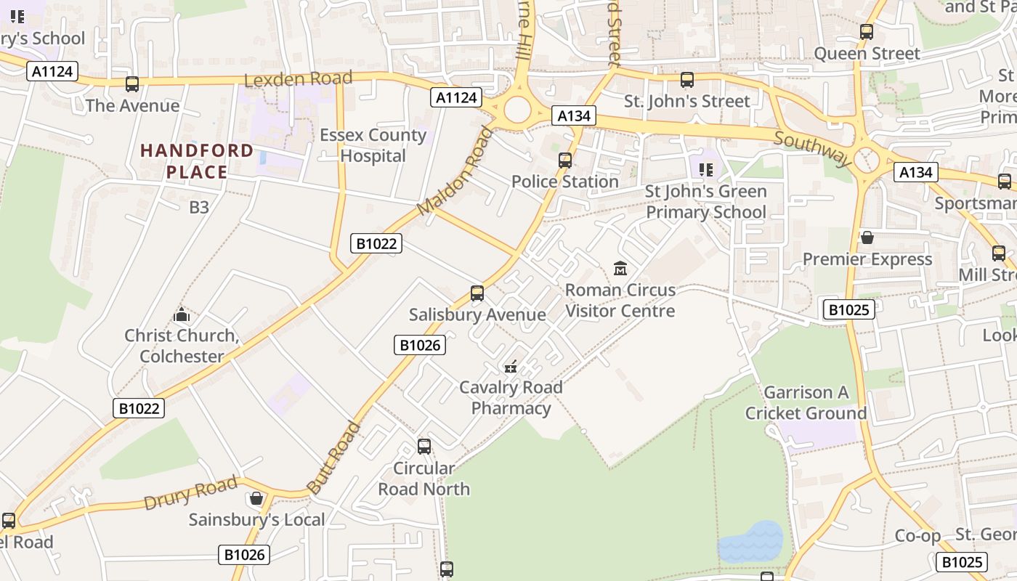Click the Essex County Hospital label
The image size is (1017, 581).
point(373,145)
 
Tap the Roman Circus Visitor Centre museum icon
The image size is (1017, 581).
point(620,269)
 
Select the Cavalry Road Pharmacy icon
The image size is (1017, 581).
point(511,367)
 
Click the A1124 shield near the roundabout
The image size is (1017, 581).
point(456,97)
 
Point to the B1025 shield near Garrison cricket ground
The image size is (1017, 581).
point(848,310)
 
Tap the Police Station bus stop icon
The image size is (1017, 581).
point(565,161)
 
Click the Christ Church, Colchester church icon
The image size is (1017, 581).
point(182,314)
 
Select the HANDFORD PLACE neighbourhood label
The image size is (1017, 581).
point(197,161)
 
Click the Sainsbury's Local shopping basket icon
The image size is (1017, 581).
point(256,498)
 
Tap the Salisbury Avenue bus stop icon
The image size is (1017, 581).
point(477,293)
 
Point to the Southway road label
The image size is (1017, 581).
point(812,148)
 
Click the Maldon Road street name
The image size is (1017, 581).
point(455,171)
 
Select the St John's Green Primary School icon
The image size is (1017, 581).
point(705,170)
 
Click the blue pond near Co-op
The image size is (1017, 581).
point(751,542)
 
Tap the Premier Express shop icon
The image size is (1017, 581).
point(867,237)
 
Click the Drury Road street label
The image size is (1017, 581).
point(190,493)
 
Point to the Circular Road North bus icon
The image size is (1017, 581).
point(424,447)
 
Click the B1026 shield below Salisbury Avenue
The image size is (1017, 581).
point(419,345)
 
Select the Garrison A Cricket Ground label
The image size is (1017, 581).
point(806,403)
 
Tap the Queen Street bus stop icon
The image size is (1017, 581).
point(866,32)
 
